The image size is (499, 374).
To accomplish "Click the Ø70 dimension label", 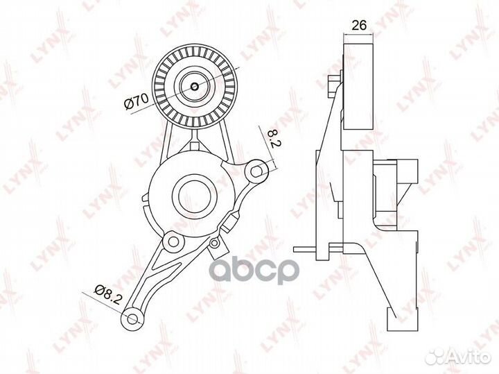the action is [137, 101].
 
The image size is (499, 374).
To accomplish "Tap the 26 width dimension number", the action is [359, 25].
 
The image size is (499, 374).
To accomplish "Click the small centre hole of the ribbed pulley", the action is [195, 86].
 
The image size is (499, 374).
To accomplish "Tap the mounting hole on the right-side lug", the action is [256, 171].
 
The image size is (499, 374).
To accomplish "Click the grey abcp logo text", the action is [254, 271].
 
